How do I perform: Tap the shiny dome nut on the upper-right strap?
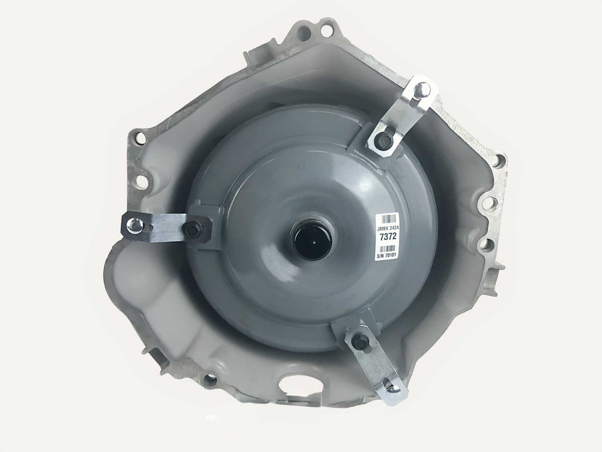[424, 88]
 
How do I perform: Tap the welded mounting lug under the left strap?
[206, 227]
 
